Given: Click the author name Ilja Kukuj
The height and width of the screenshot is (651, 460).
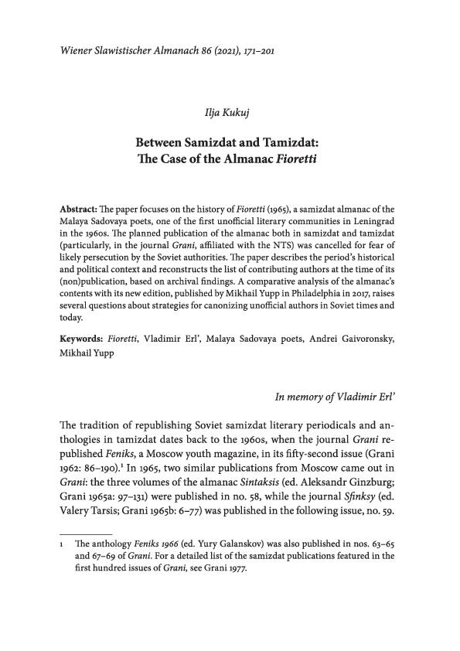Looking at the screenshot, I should tap(230, 116).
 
